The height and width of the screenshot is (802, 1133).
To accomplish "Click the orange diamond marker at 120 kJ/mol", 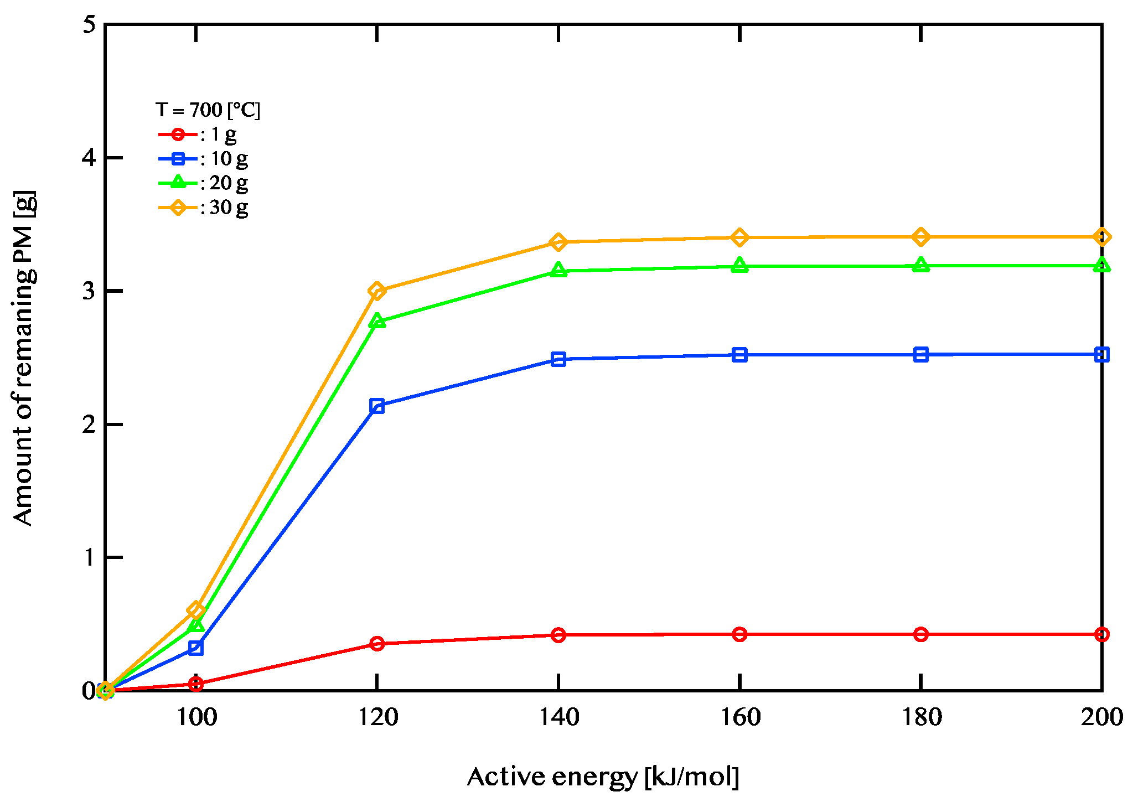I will click(x=377, y=291).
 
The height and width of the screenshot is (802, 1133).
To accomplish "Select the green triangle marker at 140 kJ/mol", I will click(x=558, y=271).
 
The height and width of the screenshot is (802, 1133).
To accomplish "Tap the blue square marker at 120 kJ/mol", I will click(x=377, y=406).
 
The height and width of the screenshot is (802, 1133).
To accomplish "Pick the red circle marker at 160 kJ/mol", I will click(x=739, y=634).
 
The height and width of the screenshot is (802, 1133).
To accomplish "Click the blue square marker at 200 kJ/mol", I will click(x=1101, y=355).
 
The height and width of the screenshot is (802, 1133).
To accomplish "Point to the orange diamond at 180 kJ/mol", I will click(x=920, y=237).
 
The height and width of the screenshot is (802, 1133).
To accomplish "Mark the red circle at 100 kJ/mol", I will click(x=196, y=684).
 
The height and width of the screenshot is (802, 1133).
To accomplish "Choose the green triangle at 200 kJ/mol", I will click(x=1101, y=266).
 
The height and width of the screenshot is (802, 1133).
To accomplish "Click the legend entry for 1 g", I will click(x=199, y=134).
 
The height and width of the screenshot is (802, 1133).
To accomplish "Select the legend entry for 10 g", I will click(x=204, y=159).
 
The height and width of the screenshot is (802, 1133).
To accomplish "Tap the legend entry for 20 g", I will click(x=204, y=183).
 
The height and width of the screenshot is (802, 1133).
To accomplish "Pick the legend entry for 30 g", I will click(x=204, y=208).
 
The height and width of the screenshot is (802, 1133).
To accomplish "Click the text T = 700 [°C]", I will click(x=208, y=110).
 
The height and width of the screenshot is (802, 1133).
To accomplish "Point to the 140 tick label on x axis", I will click(x=558, y=717).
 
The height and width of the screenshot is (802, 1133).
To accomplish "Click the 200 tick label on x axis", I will click(x=1101, y=717).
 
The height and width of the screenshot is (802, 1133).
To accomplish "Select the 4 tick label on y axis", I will click(x=89, y=158).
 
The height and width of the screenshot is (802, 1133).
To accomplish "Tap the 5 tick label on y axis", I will click(x=89, y=25).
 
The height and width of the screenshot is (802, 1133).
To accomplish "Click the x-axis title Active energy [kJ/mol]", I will click(x=603, y=777).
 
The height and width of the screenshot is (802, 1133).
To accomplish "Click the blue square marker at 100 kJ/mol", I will click(x=196, y=647).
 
